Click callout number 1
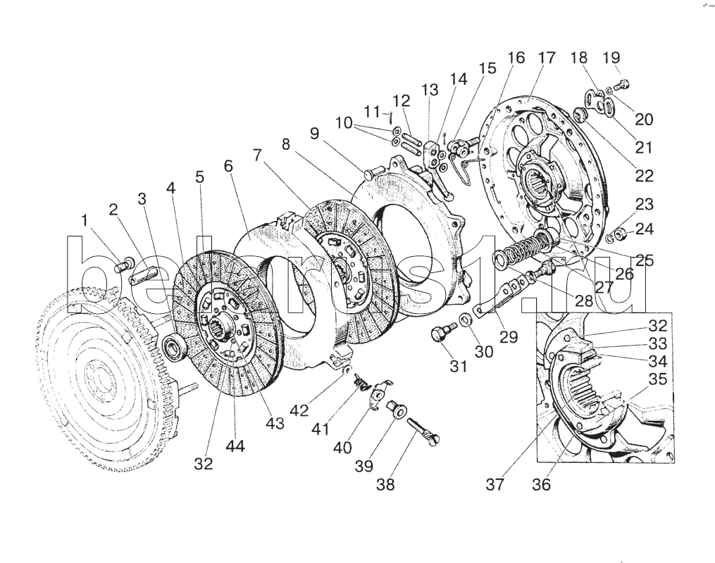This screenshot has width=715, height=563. (x=85, y=221)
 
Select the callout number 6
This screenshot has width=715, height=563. (x=228, y=167)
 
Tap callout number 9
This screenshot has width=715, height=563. (x=313, y=132)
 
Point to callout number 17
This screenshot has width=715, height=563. (x=547, y=58)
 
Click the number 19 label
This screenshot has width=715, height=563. (x=611, y=58)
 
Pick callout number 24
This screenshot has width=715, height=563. (x=645, y=229)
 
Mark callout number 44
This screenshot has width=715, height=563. (x=235, y=445)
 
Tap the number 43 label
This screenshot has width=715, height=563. (x=275, y=424)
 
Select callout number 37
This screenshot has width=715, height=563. (x=495, y=484)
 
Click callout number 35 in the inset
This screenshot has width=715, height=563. (x=657, y=379)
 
